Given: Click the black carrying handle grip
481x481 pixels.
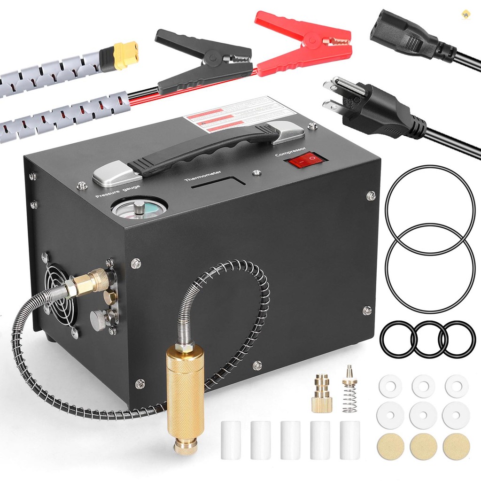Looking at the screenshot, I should tap(202, 148).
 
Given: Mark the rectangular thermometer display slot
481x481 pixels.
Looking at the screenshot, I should tap(218, 184).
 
